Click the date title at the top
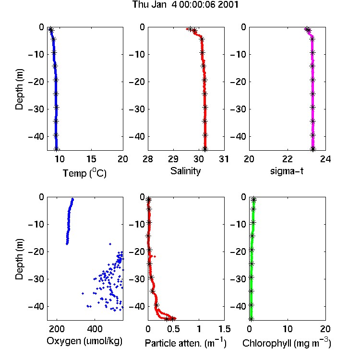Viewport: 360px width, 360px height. [185, 4]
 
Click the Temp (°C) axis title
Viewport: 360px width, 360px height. [84, 173]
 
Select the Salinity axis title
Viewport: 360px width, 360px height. [185, 171]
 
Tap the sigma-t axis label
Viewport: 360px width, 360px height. [287, 171]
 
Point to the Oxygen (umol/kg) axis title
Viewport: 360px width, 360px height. [84, 341]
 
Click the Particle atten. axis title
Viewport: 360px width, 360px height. [186, 343]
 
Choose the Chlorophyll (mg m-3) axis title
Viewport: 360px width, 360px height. [287, 343]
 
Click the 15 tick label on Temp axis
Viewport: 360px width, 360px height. [91, 159]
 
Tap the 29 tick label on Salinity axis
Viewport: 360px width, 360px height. [173, 159]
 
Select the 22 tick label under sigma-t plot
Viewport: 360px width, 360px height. [287, 159]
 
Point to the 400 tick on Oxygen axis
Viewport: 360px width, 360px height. [95, 329]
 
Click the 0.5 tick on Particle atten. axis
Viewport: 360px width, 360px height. [173, 329]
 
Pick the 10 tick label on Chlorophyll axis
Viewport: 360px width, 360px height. [287, 329]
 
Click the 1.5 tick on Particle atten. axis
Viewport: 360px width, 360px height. [224, 329]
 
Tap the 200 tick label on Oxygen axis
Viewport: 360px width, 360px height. [57, 329]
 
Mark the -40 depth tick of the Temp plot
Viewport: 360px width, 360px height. [36, 136]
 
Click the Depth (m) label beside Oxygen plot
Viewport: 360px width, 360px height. [19, 259]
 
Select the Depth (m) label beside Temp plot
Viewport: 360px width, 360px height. [19, 89]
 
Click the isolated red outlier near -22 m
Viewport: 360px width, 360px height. [155, 256]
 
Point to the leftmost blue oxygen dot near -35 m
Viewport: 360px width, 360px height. [83, 293]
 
